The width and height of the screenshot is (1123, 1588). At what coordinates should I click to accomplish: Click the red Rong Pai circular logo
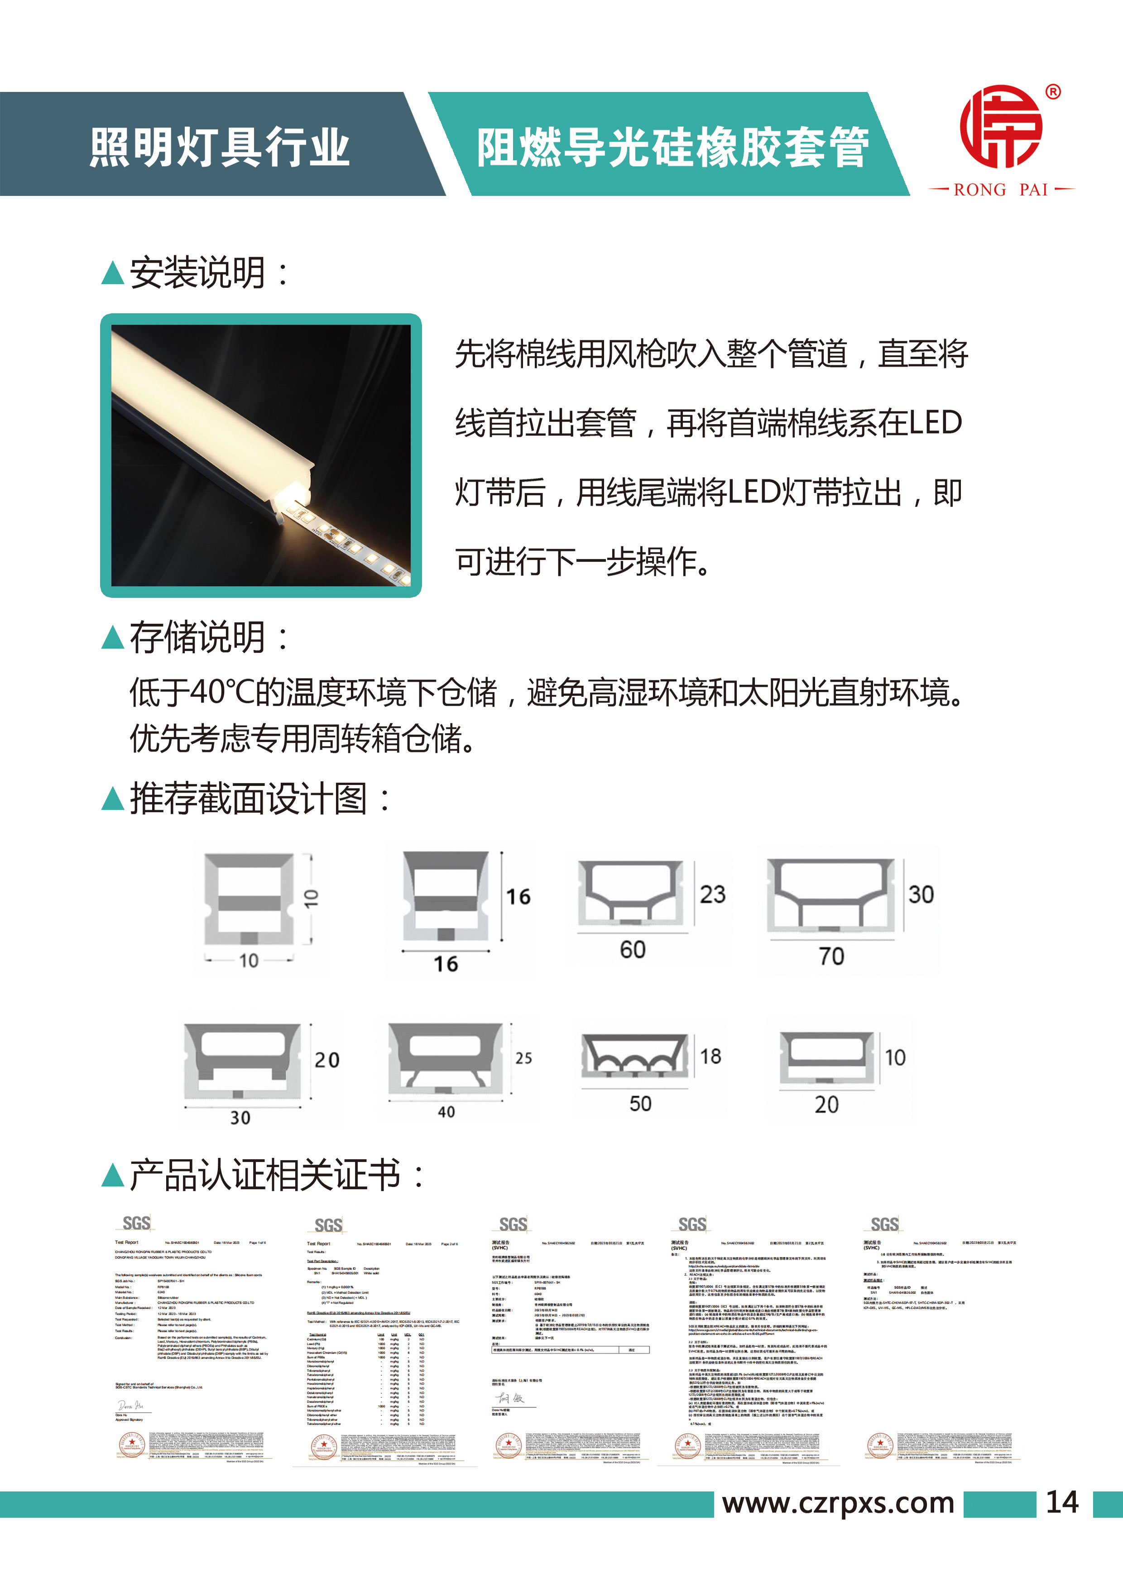click(x=1001, y=127)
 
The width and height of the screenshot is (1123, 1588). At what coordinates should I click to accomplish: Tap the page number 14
click(x=1062, y=1502)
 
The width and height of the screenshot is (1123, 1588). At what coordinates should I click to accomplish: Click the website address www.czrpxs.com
click(x=838, y=1503)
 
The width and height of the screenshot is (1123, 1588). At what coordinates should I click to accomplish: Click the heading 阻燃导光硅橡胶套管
click(x=672, y=147)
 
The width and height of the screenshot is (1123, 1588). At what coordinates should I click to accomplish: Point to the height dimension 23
click(x=713, y=894)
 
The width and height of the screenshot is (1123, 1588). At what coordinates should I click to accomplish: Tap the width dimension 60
click(x=633, y=950)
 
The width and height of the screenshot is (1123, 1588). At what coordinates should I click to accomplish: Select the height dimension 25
click(x=524, y=1058)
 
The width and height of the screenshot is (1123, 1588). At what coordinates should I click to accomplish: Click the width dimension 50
click(x=640, y=1104)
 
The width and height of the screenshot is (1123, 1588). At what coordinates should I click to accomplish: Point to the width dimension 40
click(x=446, y=1112)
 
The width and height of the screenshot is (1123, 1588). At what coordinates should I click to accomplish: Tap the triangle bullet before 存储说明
click(x=112, y=638)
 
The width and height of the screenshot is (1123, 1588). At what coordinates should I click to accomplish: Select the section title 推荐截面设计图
click(x=249, y=799)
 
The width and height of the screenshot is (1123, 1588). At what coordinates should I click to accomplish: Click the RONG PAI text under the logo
click(x=1001, y=190)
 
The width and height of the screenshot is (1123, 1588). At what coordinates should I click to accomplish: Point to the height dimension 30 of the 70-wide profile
click(x=921, y=894)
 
